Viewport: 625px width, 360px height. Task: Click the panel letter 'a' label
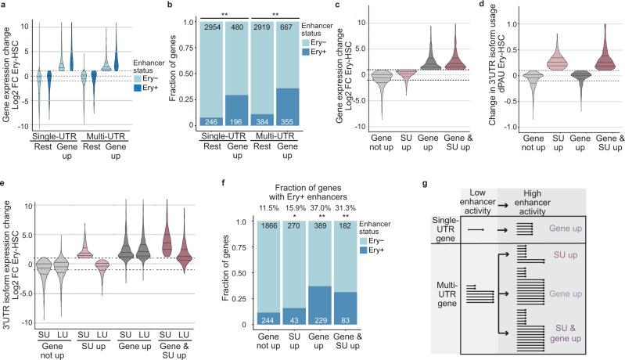[x=4, y=5]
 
